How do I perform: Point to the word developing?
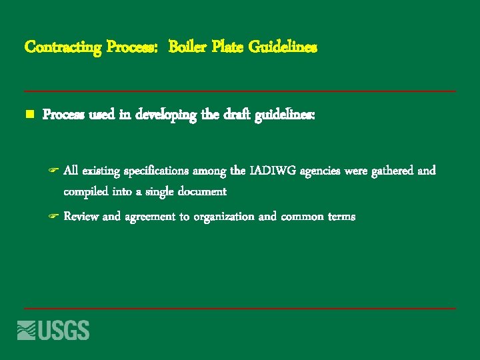point(166,115)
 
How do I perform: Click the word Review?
point(81,217)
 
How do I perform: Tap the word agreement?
point(147,217)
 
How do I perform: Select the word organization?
point(223,217)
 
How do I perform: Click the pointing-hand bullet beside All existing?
point(54,171)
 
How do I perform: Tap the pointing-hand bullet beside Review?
point(54,217)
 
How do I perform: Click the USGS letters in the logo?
point(64,330)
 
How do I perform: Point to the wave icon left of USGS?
point(26,330)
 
